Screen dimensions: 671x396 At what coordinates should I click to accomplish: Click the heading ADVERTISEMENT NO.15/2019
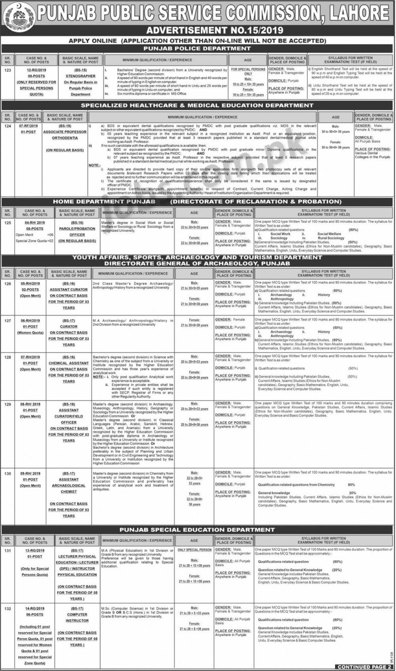pyautogui.click(x=198, y=30)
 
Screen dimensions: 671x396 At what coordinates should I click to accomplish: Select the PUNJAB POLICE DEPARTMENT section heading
pyautogui.click(x=198, y=48)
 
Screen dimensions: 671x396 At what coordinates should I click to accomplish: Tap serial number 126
pyautogui.click(x=8, y=283)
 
